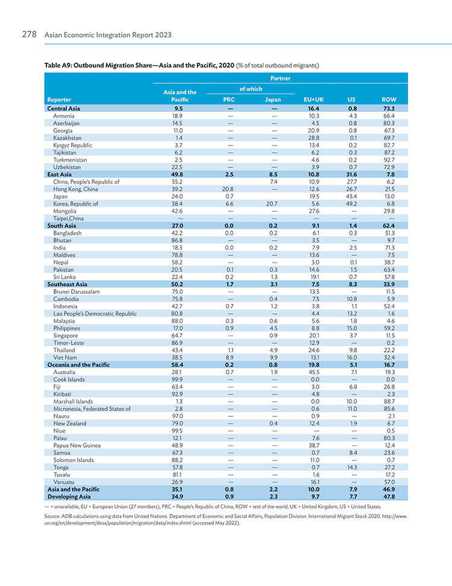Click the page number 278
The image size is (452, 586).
[29, 34]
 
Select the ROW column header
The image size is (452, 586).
[389, 100]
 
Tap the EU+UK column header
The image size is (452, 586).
[313, 100]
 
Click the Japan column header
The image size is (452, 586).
[272, 100]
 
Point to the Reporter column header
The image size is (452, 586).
[59, 100]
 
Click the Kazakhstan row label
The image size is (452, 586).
[67, 138]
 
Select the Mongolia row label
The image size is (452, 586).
[64, 211]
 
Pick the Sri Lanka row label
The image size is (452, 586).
[64, 277]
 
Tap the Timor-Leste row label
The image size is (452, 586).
[69, 343]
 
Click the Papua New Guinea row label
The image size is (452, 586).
[77, 445]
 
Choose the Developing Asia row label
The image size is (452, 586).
[69, 497]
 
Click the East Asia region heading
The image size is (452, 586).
[59, 174]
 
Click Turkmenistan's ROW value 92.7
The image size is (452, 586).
[389, 160]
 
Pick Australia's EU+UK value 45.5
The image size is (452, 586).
[314, 372]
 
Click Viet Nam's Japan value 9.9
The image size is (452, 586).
[273, 357]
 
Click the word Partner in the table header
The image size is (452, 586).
[280, 78]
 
